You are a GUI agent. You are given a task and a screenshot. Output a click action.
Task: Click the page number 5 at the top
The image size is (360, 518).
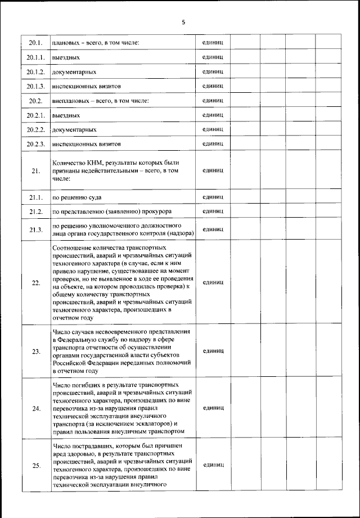coord(183,22)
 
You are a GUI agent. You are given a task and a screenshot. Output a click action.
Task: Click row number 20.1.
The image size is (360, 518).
coord(35,43)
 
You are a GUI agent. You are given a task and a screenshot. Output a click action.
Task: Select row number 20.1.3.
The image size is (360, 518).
coord(35,86)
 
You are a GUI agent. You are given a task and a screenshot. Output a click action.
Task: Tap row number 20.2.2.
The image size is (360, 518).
coord(35,129)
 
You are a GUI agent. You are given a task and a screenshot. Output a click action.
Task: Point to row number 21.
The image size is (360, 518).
coord(35,172)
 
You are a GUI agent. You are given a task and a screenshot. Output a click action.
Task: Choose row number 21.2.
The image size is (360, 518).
coord(35,211)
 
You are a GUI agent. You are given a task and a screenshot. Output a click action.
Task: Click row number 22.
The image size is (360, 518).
coord(35,282)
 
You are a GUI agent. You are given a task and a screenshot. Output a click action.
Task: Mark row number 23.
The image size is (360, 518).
coord(35,352)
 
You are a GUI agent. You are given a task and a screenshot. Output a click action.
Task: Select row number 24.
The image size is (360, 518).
coord(35,408)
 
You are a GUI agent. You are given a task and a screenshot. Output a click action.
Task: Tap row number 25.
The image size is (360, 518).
coord(35,466)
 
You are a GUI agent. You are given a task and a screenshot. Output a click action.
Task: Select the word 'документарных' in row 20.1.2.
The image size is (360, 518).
coord(74,72)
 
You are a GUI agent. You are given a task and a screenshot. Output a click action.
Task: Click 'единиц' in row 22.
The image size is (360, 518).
coord(213,282)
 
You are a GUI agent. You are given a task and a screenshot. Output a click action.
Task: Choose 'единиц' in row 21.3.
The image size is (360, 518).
coord(213,229)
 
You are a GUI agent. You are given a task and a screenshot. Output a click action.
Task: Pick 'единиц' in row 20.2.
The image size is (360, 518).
coord(213,101)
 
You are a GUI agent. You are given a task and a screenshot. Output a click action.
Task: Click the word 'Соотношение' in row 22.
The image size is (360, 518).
coord(73,248)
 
